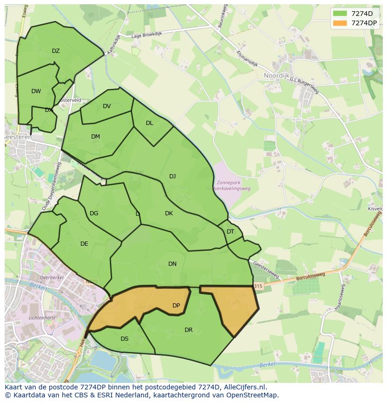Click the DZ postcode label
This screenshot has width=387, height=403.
[x=56, y=51]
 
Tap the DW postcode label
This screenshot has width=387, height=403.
[x=36, y=91]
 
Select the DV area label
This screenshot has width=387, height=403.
[x=107, y=106]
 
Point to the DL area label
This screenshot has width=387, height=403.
[x=149, y=123]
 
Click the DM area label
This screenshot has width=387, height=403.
[x=95, y=137]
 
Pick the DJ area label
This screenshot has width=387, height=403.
[x=172, y=176]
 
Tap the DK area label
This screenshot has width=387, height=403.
[x=169, y=213]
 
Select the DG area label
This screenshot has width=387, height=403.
[x=94, y=213]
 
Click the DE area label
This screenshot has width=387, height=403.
[x=84, y=244]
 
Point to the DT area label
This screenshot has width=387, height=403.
[x=230, y=232]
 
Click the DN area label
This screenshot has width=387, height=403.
[x=172, y=264]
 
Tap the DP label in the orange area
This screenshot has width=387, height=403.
[x=176, y=306]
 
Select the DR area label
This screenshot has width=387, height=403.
[x=188, y=330]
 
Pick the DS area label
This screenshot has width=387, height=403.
[x=124, y=339]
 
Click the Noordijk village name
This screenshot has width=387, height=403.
[x=277, y=75]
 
